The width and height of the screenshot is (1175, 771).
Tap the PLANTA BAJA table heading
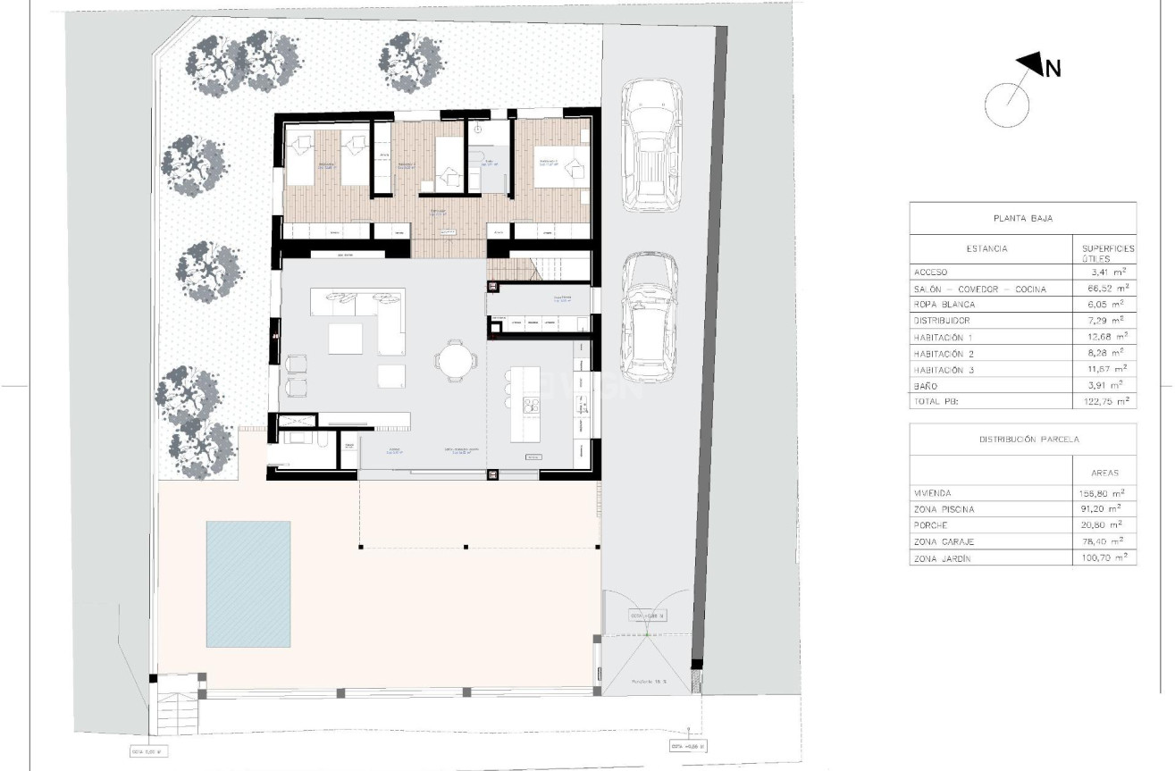(1022, 218)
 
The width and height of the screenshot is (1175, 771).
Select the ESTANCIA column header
(986, 248)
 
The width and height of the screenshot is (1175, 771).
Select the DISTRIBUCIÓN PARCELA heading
(1022, 440)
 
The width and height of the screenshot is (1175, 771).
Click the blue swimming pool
(248, 583)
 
